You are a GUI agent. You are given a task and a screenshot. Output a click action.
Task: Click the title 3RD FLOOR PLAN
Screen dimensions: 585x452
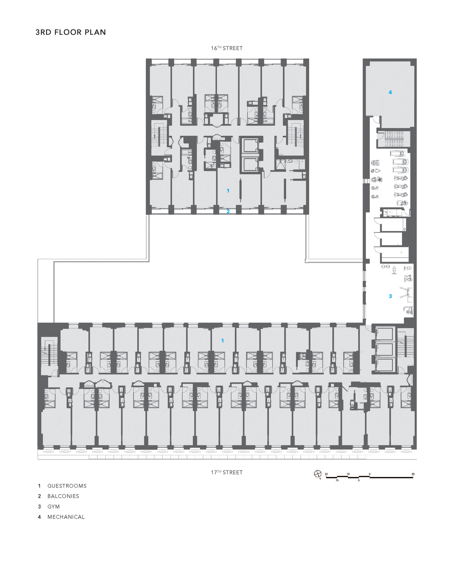pyautogui.click(x=71, y=32)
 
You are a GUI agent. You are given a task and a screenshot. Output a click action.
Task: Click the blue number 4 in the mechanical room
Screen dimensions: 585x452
pyautogui.click(x=390, y=92)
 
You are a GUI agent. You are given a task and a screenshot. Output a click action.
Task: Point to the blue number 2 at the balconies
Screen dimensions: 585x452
pyautogui.click(x=228, y=211)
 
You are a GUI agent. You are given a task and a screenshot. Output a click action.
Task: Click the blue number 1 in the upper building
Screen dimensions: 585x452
pyautogui.click(x=228, y=191)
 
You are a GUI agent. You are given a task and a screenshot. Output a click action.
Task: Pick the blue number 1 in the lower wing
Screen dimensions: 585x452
pyautogui.click(x=222, y=340)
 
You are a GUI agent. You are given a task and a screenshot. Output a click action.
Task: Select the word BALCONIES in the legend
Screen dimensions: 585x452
pyautogui.click(x=63, y=496)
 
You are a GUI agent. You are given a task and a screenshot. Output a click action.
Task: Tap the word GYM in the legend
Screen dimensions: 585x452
pyautogui.click(x=54, y=507)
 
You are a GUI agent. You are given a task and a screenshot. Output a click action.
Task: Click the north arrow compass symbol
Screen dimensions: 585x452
pyautogui.click(x=318, y=474)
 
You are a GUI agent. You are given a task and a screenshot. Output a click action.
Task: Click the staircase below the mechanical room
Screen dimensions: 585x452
pyautogui.click(x=393, y=139)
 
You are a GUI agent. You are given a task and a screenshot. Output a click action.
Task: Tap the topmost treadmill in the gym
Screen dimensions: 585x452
pyautogui.click(x=399, y=154)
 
